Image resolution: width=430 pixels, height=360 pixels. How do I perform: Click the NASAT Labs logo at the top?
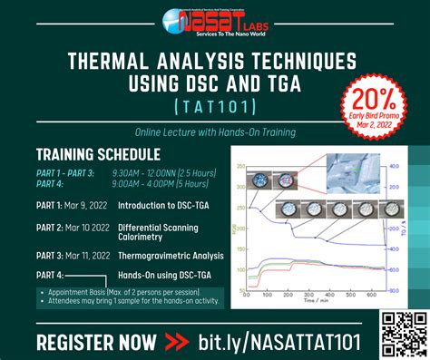[214, 19]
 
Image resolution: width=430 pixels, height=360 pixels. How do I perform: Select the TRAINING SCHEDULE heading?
[98, 154]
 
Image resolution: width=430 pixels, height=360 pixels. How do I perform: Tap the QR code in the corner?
[403, 331]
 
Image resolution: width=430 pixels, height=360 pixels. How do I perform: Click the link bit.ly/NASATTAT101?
[282, 341]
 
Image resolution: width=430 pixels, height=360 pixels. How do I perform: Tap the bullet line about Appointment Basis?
[127, 292]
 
